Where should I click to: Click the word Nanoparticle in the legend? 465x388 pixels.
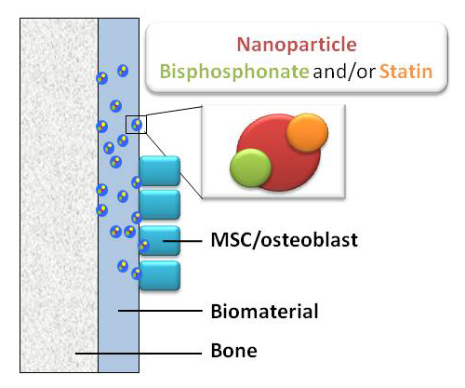[x=297, y=45]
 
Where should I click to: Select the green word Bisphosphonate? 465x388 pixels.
[x=234, y=72]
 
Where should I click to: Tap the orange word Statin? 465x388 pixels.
[x=405, y=72]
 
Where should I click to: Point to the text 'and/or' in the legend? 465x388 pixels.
[x=344, y=72]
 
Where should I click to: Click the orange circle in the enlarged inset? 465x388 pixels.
[x=307, y=133]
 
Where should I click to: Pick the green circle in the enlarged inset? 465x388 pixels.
[x=251, y=167]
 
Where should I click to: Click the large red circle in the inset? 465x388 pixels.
[x=279, y=153]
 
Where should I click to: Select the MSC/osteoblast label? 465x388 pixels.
[x=285, y=240]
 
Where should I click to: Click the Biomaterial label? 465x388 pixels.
[x=264, y=311]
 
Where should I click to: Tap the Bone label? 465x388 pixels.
[x=234, y=351]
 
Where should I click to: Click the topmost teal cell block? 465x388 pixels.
[x=160, y=171]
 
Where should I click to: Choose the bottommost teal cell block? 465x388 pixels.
[x=160, y=275]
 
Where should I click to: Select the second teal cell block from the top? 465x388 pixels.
[x=160, y=205]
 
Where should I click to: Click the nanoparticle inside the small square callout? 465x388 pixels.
[x=137, y=125]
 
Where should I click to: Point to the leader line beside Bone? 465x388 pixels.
[x=139, y=354]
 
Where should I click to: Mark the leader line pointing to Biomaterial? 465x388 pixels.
[x=160, y=311]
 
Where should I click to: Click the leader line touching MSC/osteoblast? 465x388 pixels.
[x=182, y=241]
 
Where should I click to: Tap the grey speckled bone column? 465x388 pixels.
[x=59, y=195]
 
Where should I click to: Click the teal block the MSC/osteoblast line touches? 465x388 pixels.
[x=160, y=241]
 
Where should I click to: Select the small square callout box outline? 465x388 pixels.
[x=126, y=125]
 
